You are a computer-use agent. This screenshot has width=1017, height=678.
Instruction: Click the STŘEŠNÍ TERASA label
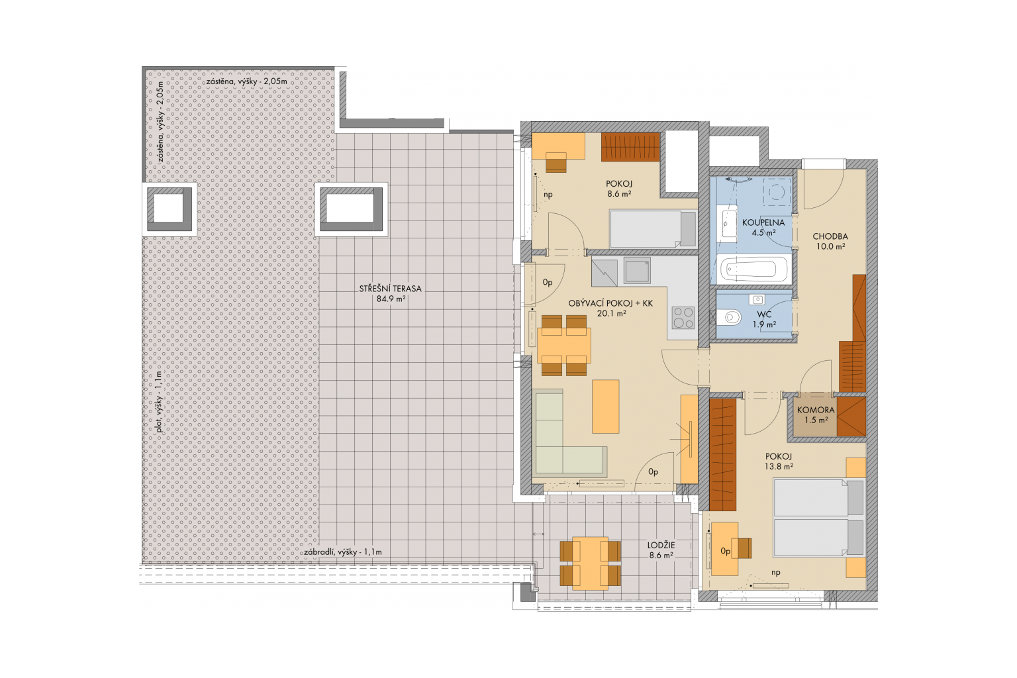point(391,289)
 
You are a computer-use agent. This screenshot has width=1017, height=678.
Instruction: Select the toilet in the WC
point(728,316)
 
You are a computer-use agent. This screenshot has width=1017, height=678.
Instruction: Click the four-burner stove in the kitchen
point(683,317)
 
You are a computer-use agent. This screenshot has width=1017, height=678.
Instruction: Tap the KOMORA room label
point(816,410)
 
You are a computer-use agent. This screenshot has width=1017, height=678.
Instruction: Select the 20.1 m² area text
point(612,313)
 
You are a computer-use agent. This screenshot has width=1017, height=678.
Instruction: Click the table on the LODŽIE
point(590,563)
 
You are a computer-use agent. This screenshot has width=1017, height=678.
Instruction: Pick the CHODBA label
point(830,236)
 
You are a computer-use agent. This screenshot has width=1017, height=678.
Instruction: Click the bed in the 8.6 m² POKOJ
point(653,228)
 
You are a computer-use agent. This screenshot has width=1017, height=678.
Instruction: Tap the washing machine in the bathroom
point(777,191)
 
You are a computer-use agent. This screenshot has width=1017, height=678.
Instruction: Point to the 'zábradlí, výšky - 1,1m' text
point(343,552)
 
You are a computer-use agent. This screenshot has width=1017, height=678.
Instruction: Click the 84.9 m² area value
point(391,299)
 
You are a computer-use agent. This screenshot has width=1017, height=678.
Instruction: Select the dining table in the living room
point(564,345)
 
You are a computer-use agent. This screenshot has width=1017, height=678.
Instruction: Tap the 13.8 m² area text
point(779,466)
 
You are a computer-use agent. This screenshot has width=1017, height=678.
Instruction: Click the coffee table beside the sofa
point(606,407)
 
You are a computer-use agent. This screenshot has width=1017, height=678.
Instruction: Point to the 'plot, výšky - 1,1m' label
point(158,403)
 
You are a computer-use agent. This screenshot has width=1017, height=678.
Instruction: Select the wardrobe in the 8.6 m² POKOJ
point(630,147)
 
